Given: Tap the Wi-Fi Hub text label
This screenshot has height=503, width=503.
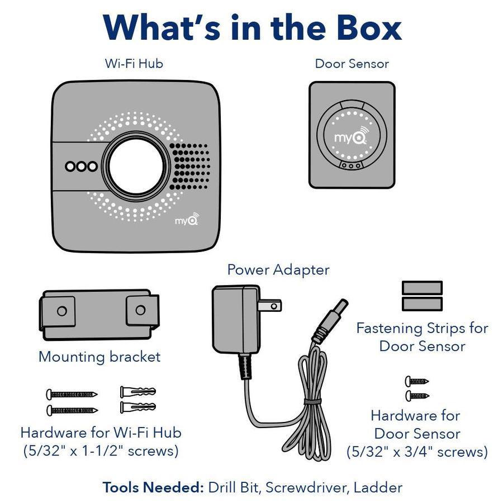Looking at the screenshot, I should point(134,63).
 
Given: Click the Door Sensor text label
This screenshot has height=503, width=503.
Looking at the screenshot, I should point(352,63).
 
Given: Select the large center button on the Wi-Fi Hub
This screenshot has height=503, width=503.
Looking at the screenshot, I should point(137,166).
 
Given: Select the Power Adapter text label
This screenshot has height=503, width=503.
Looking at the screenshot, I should point(278,270).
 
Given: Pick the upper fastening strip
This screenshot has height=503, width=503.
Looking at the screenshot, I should point(422,287).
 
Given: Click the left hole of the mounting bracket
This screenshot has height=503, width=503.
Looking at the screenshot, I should point(62,311).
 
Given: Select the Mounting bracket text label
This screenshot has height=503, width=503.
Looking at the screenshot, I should point(99,357).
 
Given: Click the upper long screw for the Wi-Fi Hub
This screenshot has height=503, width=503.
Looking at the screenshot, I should point(72,394).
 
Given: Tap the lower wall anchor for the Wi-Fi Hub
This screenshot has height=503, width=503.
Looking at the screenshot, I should point(137,407).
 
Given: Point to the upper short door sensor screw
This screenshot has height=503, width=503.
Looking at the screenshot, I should point(417,381).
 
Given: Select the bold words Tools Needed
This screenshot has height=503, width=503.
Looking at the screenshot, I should point(153,487).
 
